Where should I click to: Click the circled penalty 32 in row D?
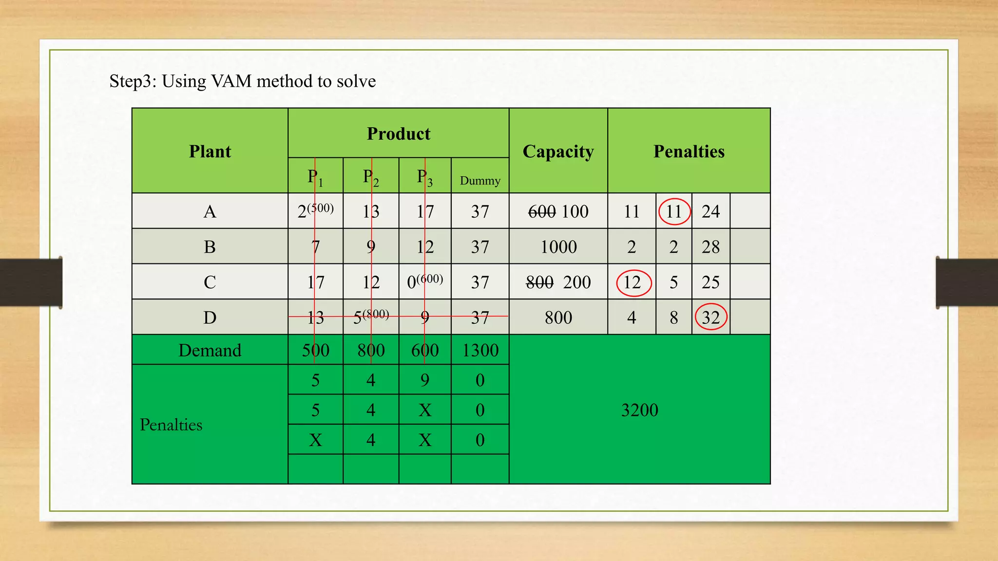[710, 318]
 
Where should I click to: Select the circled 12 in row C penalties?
[633, 282]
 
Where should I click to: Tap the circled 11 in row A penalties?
[674, 211]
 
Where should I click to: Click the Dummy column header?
[480, 181]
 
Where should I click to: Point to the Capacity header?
[558, 151]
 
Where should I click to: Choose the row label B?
[210, 247]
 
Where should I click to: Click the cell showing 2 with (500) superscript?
[315, 211]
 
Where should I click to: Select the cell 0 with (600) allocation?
[424, 281]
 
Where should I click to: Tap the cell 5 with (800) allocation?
[370, 317]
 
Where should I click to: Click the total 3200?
[639, 410]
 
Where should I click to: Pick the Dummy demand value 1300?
[480, 350]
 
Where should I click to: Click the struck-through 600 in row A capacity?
[542, 211]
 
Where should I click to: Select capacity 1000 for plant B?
[558, 247]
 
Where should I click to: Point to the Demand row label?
[210, 350]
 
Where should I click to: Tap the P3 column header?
[424, 177]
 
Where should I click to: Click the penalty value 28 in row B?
[710, 247]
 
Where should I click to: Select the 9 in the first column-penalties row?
[424, 380]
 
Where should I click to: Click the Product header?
[398, 134]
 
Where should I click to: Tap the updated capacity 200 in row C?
[577, 282]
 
